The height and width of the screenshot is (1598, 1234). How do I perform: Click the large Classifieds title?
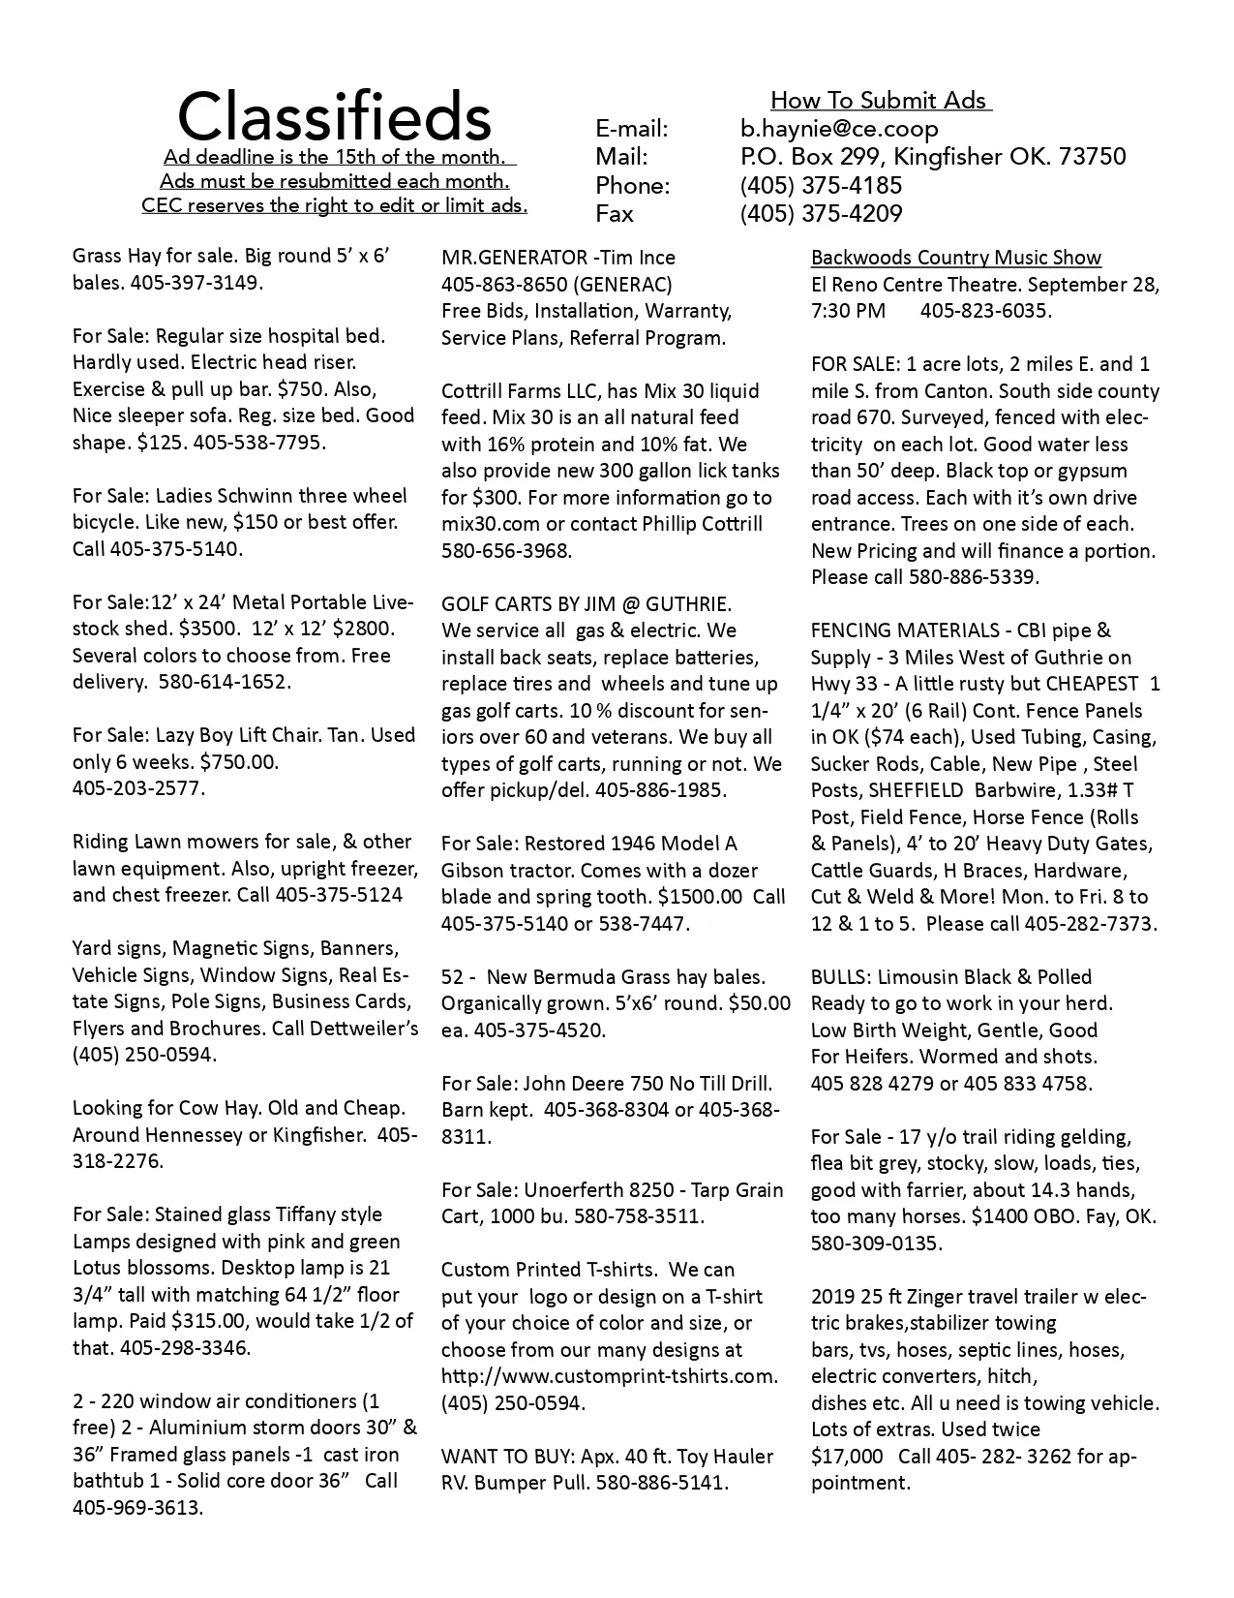(x=334, y=117)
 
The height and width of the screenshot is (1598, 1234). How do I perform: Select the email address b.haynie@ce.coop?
(x=838, y=129)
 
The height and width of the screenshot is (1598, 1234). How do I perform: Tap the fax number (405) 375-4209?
(x=821, y=214)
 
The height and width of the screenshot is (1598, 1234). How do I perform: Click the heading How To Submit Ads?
(x=878, y=101)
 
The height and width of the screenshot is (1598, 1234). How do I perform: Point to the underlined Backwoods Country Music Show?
(x=955, y=258)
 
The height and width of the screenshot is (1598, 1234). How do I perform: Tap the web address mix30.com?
(x=484, y=525)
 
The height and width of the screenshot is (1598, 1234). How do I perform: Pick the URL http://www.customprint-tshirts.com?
(x=609, y=1376)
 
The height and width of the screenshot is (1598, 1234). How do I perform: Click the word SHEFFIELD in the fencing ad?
(x=917, y=790)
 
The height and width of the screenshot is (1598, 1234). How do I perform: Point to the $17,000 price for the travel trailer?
(x=847, y=1456)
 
